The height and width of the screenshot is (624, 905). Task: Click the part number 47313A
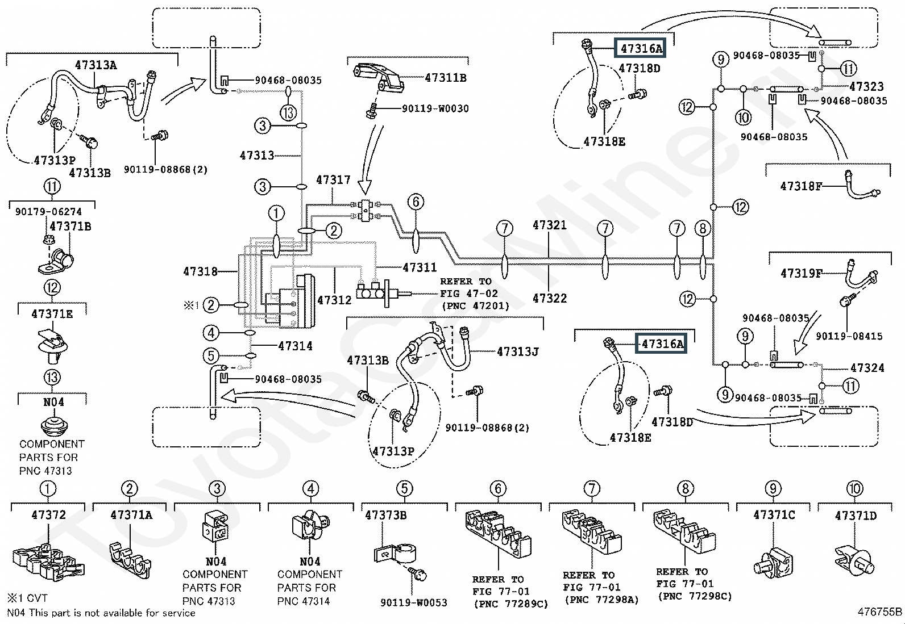click(x=96, y=65)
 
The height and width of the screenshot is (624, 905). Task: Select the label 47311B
click(x=445, y=78)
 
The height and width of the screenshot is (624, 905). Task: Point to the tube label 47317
click(x=333, y=180)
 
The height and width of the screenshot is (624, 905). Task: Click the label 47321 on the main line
click(x=549, y=225)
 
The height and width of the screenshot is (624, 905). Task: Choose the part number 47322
click(x=549, y=298)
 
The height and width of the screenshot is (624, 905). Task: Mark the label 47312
click(x=334, y=299)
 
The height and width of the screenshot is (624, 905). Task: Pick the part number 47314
click(x=295, y=346)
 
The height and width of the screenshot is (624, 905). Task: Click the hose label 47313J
click(x=517, y=351)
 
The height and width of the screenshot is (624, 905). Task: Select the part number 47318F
click(x=801, y=186)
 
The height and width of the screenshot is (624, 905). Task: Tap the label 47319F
click(x=801, y=274)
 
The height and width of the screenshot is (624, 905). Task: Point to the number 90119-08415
click(x=849, y=336)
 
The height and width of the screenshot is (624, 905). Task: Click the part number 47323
click(x=866, y=86)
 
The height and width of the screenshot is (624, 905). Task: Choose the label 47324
click(x=867, y=368)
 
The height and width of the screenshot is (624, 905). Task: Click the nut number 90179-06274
click(x=48, y=212)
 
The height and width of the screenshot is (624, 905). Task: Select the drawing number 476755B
click(x=879, y=612)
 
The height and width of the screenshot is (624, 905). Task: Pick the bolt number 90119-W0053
click(x=413, y=602)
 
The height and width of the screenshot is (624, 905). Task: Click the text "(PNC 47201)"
click(x=475, y=306)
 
